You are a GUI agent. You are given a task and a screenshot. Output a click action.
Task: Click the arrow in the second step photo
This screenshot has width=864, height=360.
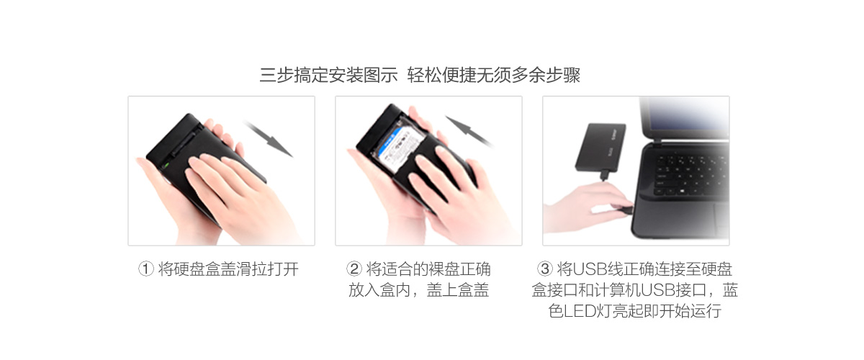(x=467, y=130)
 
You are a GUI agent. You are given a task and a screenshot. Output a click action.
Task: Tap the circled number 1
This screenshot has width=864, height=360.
(x=146, y=270)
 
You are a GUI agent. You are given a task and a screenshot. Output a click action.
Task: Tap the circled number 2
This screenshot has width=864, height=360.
(x=354, y=270)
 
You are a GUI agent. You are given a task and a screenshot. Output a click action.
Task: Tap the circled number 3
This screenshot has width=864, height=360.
(x=545, y=270)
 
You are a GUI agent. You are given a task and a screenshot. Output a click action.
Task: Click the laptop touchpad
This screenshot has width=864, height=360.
(x=713, y=215)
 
